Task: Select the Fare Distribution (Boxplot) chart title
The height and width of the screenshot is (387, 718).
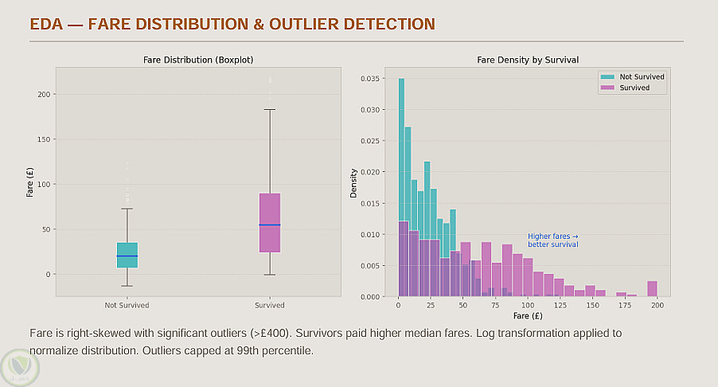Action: click(198, 60)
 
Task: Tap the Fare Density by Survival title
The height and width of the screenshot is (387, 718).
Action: click(527, 60)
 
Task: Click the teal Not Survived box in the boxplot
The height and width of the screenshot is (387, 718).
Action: click(127, 255)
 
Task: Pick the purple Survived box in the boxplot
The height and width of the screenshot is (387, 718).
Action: click(270, 223)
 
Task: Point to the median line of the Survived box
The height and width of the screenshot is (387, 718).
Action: click(270, 225)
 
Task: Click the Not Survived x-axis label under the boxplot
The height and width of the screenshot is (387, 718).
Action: click(127, 305)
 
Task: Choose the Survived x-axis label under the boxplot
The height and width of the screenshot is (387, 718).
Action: click(270, 305)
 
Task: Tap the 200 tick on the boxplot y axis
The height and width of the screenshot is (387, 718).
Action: click(44, 95)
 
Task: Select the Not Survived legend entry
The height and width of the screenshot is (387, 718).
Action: click(634, 76)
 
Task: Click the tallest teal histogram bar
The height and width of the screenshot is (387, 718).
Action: click(401, 187)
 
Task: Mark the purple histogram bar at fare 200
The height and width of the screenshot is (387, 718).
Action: click(652, 288)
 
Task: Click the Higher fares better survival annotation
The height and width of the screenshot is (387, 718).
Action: click(553, 240)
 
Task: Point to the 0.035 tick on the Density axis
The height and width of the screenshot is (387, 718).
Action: click(371, 79)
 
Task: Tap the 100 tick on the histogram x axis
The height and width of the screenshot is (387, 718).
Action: click(528, 305)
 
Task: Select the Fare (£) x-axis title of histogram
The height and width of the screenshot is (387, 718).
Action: click(527, 315)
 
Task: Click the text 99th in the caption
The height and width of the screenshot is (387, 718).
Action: click(242, 350)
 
